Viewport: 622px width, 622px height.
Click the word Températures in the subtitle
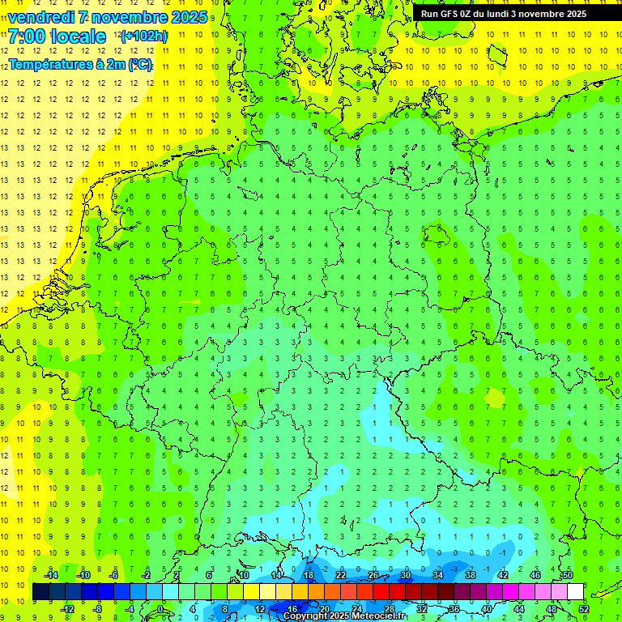[x=49, y=64]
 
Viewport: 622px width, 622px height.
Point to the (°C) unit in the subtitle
[x=139, y=64]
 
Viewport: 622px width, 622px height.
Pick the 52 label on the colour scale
[x=584, y=609]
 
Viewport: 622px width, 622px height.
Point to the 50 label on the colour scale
[x=567, y=575]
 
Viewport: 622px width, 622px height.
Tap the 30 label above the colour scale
[x=405, y=575]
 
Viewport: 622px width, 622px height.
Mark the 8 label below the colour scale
[x=225, y=609]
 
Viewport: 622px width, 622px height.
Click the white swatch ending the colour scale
[x=575, y=592]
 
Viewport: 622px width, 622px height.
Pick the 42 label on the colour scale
[x=502, y=575]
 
